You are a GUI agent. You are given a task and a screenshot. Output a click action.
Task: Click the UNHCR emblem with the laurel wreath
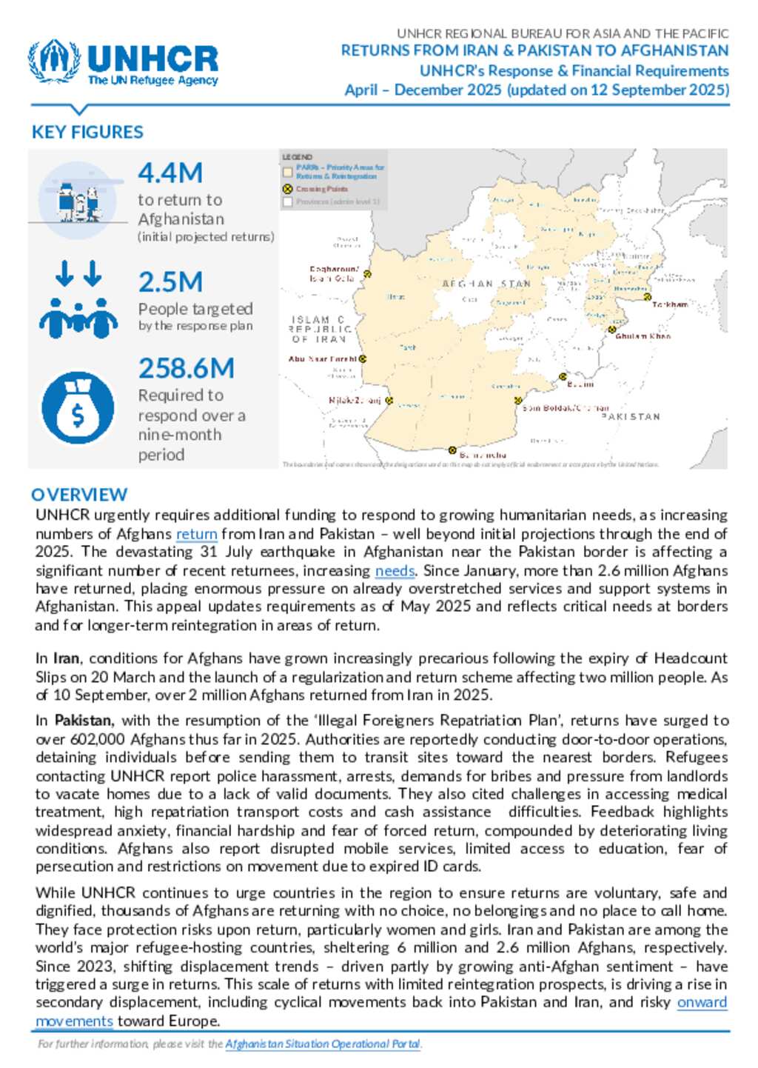53,61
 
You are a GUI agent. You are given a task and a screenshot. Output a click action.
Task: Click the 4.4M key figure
170,173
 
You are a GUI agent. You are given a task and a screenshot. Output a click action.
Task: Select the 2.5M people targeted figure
170,282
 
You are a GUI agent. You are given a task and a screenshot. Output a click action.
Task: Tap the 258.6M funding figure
186,368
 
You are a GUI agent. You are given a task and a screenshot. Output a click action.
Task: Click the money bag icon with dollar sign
78,408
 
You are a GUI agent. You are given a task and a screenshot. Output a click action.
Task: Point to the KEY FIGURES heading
87,132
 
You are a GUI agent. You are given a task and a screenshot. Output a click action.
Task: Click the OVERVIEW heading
79,494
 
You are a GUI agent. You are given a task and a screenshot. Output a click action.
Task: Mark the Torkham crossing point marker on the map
647,297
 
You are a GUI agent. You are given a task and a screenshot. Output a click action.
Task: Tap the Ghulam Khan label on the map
643,336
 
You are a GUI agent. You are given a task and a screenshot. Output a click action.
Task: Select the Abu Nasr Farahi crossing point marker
363,359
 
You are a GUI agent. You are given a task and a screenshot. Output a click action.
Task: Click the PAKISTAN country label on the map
631,417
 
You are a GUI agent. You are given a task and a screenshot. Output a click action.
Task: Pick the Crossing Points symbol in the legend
288,189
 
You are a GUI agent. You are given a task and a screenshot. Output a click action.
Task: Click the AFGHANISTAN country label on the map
486,284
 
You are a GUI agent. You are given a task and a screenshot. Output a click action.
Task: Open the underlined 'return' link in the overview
196,534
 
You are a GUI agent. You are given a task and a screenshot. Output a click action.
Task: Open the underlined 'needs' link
395,571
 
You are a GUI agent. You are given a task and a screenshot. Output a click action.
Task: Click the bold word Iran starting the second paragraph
66,658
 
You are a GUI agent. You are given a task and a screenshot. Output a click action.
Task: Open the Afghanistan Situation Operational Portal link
323,1044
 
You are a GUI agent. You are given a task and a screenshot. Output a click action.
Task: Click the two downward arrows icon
78,273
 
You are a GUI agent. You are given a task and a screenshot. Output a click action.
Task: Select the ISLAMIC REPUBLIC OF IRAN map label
320,330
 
